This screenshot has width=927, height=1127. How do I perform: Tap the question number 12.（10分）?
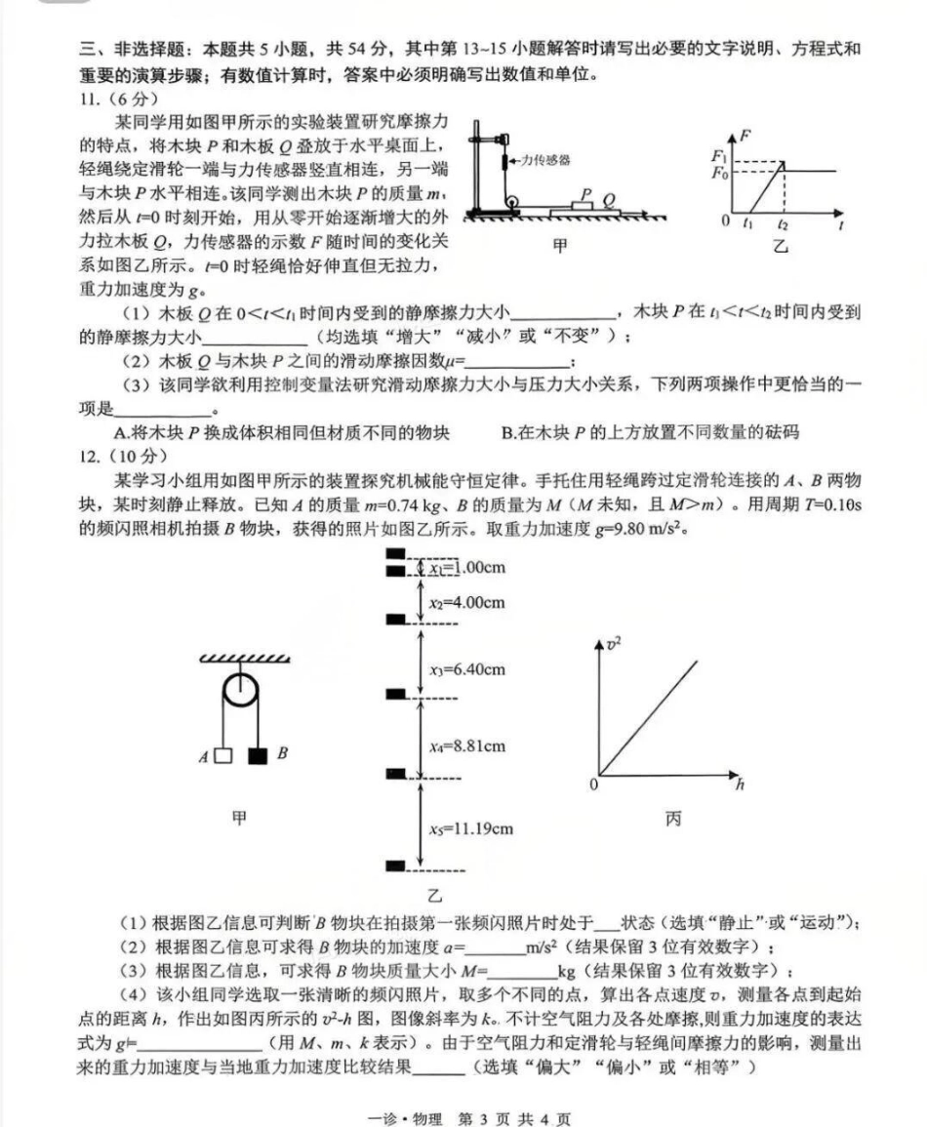pos(123,456)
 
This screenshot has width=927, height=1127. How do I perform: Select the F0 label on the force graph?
pos(720,173)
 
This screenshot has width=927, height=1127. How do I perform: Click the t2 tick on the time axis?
pos(783,224)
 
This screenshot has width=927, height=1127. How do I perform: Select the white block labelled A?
pos(223,755)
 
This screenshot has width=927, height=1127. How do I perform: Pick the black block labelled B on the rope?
pos(259,755)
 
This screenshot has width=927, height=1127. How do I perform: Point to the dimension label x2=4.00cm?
pos(466,602)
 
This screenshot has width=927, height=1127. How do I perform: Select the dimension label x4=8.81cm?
pos(467,746)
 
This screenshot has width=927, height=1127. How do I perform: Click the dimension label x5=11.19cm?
pos(471,829)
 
